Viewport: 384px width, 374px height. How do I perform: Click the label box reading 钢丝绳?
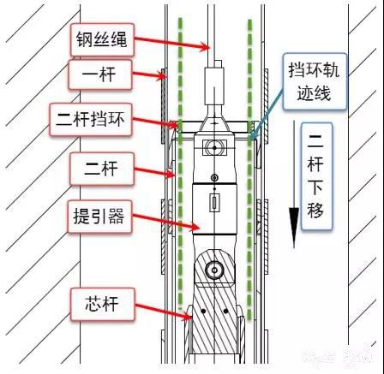pos(102,39)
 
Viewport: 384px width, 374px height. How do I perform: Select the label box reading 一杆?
pos(100,74)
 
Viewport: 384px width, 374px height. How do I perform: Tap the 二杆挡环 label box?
pos(91,120)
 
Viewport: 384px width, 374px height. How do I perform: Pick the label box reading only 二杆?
pos(102,169)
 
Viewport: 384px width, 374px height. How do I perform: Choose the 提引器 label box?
pos(99,217)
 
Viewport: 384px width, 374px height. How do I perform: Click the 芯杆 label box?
pos(103,304)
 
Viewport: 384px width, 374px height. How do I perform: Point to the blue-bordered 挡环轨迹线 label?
pos(315,81)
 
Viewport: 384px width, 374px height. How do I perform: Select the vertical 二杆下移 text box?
pos(316,176)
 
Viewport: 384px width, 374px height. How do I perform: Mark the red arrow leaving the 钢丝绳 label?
pos(172,43)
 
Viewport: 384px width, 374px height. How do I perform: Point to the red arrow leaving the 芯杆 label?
pos(163,312)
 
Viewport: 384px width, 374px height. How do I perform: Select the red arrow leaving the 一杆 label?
pos(149,75)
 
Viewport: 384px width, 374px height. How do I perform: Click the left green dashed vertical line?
pos(180,164)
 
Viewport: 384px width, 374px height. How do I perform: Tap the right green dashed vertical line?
pos(250,169)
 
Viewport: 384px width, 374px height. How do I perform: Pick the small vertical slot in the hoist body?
pos(214,203)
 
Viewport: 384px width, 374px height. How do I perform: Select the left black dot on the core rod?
pos(203,311)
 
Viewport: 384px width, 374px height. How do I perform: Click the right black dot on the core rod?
pos(225,311)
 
